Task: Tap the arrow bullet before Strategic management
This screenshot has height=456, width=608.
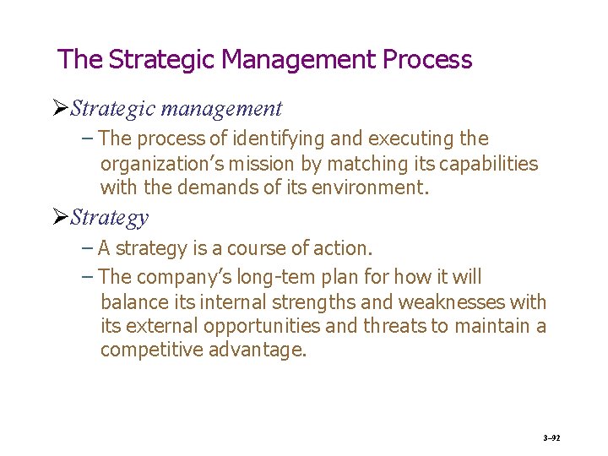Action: click(60, 109)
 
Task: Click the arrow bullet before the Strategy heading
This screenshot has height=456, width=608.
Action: click(60, 218)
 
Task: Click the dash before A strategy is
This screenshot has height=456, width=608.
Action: click(89, 249)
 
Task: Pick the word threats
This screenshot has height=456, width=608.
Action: click(396, 326)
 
